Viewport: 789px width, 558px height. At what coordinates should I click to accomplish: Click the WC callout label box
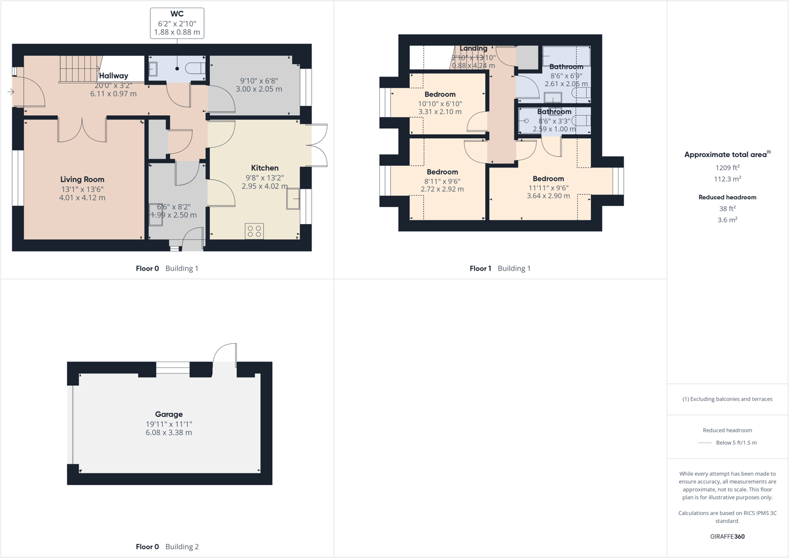pyautogui.click(x=177, y=23)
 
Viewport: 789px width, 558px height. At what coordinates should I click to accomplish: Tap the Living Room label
pyautogui.click(x=82, y=179)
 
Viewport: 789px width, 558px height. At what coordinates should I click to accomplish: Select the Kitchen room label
pyautogui.click(x=265, y=168)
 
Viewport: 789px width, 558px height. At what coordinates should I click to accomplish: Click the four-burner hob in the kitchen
pyautogui.click(x=254, y=231)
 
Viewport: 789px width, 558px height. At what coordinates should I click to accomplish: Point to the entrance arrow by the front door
pyautogui.click(x=11, y=92)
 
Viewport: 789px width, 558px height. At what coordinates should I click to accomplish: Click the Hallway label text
pyautogui.click(x=113, y=76)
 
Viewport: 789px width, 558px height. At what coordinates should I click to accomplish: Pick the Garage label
pyautogui.click(x=169, y=414)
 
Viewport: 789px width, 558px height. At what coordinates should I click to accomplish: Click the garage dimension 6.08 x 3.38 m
pyautogui.click(x=169, y=432)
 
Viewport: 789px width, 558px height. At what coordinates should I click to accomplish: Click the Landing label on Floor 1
pyautogui.click(x=473, y=48)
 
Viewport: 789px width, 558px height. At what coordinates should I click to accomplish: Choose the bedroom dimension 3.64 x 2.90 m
pyautogui.click(x=548, y=196)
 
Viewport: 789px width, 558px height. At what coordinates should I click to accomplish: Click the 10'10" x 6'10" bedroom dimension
pyautogui.click(x=440, y=103)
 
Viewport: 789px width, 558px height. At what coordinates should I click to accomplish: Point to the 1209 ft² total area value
pyautogui.click(x=727, y=168)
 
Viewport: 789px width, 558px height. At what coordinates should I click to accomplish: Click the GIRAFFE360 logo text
pyautogui.click(x=727, y=536)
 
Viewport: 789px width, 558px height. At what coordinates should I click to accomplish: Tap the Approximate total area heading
pyautogui.click(x=727, y=155)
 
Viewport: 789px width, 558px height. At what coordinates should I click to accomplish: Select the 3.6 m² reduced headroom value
pyautogui.click(x=727, y=220)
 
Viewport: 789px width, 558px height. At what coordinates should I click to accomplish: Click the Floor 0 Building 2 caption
pyautogui.click(x=167, y=546)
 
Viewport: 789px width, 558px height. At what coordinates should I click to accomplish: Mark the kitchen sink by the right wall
pyautogui.click(x=293, y=199)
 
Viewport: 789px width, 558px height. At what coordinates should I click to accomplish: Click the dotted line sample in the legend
pyautogui.click(x=704, y=443)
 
